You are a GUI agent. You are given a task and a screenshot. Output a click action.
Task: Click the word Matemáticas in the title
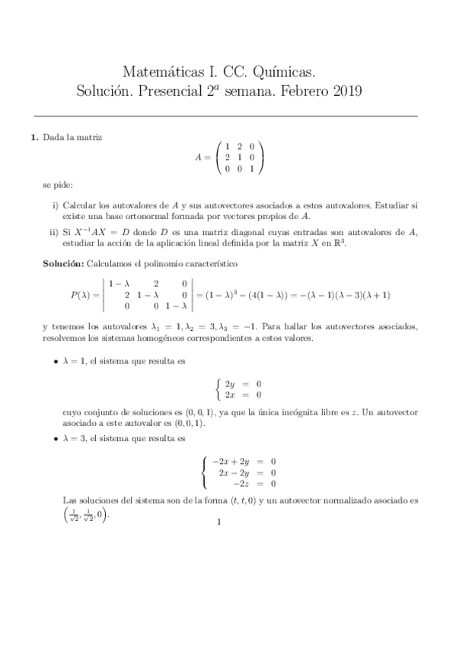tap(161, 71)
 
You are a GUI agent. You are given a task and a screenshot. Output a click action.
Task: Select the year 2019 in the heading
tap(342, 92)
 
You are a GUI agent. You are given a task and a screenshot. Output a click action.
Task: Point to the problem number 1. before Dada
tap(33, 138)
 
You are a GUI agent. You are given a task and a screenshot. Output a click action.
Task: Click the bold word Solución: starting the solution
tap(64, 263)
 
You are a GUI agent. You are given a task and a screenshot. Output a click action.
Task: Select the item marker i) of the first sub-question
tap(56, 206)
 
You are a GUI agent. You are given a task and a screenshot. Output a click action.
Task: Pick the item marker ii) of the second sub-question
tap(55, 232)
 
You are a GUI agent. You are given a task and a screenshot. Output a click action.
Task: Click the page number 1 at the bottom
tap(218, 523)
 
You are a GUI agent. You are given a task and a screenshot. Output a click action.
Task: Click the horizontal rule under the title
tap(228, 116)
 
